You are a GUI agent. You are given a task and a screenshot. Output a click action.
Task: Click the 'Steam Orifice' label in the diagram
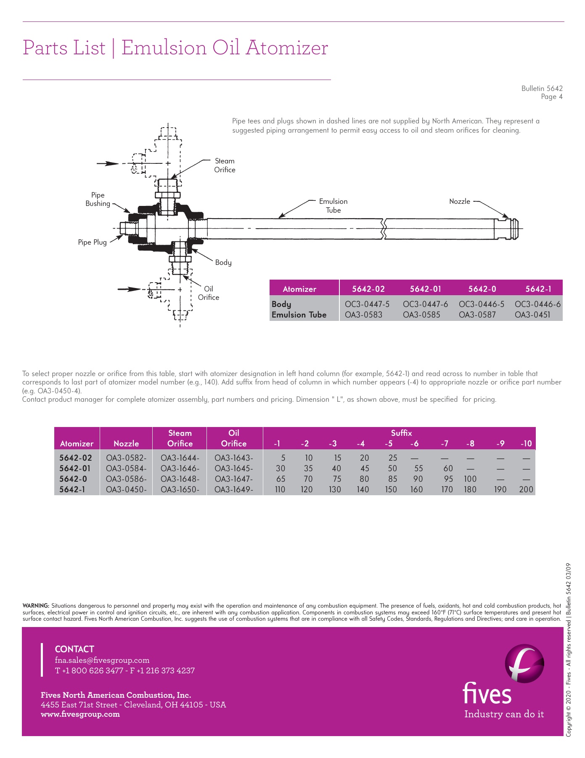pyautogui.click(x=225, y=165)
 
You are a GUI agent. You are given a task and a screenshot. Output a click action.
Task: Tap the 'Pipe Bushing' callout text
pyautogui.click(x=98, y=199)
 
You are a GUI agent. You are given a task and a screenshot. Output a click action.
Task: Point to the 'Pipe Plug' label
pyautogui.click(x=92, y=242)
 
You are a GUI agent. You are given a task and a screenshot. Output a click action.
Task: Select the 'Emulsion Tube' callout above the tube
pyautogui.click(x=333, y=206)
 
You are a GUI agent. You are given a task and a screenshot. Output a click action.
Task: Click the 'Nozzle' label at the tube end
pyautogui.click(x=459, y=201)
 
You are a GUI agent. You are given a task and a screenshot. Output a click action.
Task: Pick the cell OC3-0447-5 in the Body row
pyautogui.click(x=367, y=304)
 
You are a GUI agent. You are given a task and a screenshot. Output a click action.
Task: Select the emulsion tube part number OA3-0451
pyautogui.click(x=532, y=315)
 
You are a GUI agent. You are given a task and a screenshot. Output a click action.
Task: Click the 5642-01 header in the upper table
pyautogui.click(x=426, y=289)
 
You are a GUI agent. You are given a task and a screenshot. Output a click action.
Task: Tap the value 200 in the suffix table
pyautogui.click(x=526, y=489)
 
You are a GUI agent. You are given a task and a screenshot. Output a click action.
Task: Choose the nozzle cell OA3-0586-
pyautogui.click(x=126, y=479)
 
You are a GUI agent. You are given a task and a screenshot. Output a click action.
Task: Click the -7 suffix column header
pyautogui.click(x=445, y=443)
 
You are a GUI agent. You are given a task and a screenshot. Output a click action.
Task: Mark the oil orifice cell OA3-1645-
pyautogui.click(x=234, y=468)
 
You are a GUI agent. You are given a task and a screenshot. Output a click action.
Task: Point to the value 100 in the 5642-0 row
pyautogui.click(x=470, y=479)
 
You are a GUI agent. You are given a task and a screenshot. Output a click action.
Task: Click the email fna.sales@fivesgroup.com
pyautogui.click(x=102, y=660)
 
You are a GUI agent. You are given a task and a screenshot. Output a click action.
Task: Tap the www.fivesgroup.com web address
pyautogui.click(x=80, y=714)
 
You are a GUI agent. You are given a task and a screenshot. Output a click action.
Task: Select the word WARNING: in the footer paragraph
pyautogui.click(x=36, y=606)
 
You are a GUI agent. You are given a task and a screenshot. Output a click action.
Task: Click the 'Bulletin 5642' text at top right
pyautogui.click(x=542, y=88)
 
